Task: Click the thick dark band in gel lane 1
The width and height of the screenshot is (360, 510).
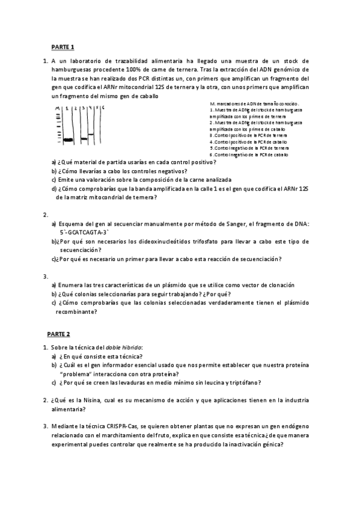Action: (68, 140)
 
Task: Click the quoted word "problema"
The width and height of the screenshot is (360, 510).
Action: (73, 373)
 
